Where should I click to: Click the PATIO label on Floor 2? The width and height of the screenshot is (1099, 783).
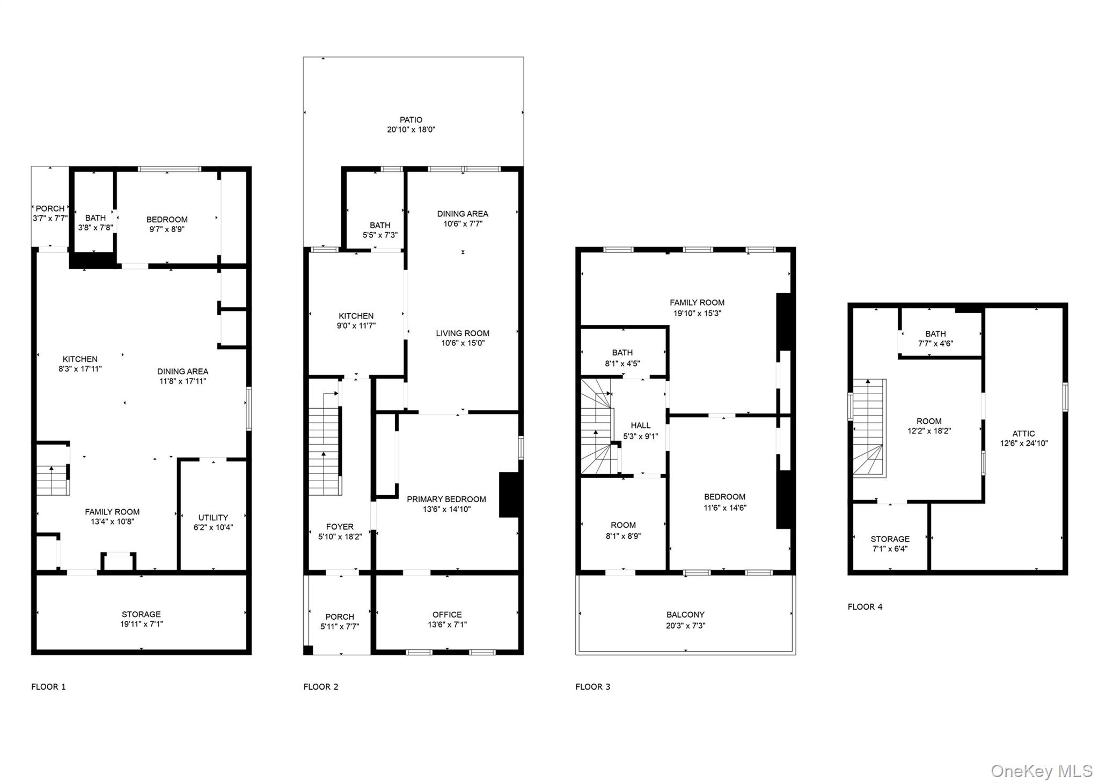click(x=411, y=120)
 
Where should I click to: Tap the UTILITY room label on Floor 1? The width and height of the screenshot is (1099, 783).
click(x=213, y=518)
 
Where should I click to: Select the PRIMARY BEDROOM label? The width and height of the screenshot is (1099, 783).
click(x=446, y=499)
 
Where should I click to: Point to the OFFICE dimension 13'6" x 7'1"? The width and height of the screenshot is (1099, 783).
click(x=447, y=625)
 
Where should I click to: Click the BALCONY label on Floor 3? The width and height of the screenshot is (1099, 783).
click(x=685, y=615)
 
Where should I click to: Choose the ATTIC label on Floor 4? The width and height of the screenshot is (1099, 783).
click(x=1023, y=433)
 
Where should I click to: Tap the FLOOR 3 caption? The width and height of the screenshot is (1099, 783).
click(x=592, y=686)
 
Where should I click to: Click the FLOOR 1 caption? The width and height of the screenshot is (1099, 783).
click(x=48, y=686)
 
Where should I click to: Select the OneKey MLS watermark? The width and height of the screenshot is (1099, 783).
click(x=1041, y=771)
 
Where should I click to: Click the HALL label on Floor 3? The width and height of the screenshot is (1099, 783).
click(x=640, y=425)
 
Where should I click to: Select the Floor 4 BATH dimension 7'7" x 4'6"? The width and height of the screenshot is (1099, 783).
click(x=935, y=344)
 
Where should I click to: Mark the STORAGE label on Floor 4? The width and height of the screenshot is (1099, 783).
click(x=890, y=539)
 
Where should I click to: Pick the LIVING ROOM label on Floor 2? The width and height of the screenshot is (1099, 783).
click(x=462, y=334)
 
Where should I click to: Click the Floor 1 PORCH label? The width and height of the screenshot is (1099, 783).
click(x=50, y=208)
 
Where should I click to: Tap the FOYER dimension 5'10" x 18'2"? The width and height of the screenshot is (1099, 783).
click(x=340, y=536)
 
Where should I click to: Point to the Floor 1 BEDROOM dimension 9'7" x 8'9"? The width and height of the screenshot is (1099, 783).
click(x=167, y=229)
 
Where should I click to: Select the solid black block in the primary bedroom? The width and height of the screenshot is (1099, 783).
click(x=509, y=495)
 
